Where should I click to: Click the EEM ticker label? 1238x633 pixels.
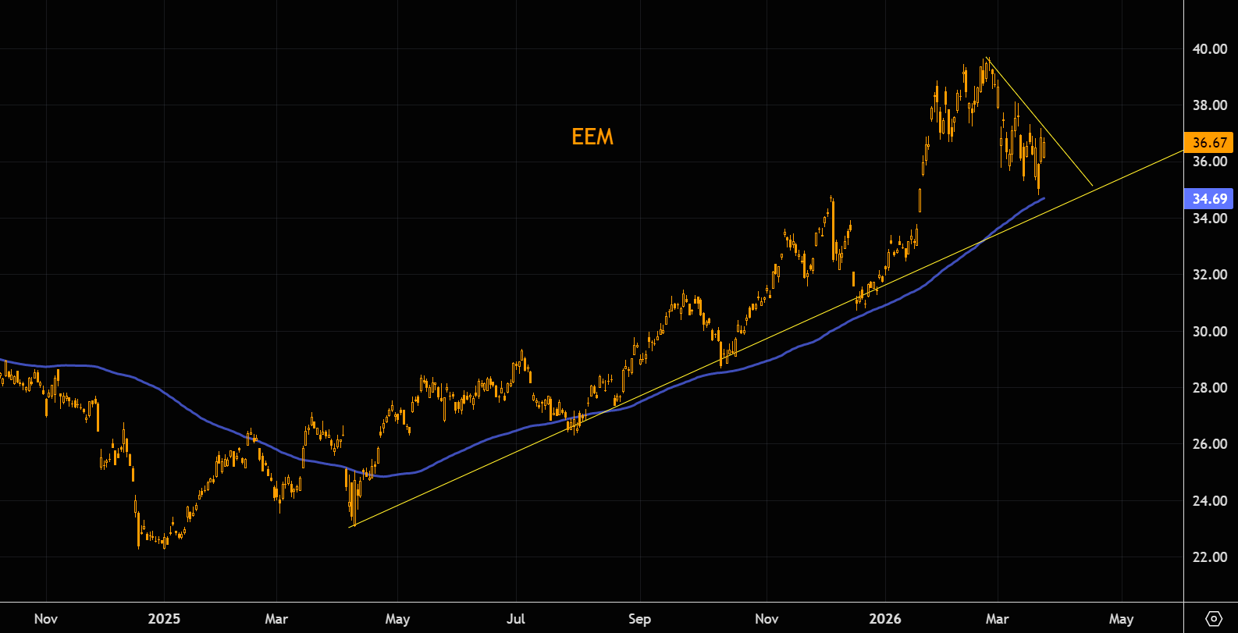click(592, 137)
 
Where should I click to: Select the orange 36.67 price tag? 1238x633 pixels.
click(1209, 142)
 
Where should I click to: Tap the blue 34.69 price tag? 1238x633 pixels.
click(1209, 199)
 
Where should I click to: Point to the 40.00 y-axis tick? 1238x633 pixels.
click(1210, 49)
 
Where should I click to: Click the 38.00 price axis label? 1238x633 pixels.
click(1210, 105)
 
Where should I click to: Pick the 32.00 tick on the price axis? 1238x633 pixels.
click(1210, 275)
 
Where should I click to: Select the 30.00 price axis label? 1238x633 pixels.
click(1210, 331)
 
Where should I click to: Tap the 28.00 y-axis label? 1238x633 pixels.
click(1210, 388)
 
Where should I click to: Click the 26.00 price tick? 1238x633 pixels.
click(1210, 444)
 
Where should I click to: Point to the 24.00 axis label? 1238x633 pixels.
click(1210, 501)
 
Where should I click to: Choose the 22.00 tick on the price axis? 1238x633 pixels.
click(1210, 557)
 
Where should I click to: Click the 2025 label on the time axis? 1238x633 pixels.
click(164, 619)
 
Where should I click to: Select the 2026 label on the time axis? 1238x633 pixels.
click(885, 619)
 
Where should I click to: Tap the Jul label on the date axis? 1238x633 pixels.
click(516, 619)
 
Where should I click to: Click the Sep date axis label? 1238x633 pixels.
click(639, 619)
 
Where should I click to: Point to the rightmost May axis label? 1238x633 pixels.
click(1121, 619)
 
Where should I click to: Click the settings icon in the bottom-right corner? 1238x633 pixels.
click(1214, 619)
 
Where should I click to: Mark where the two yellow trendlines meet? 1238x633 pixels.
click(1093, 187)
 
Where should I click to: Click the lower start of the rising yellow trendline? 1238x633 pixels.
click(350, 527)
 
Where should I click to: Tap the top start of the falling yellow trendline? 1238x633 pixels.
click(987, 58)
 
